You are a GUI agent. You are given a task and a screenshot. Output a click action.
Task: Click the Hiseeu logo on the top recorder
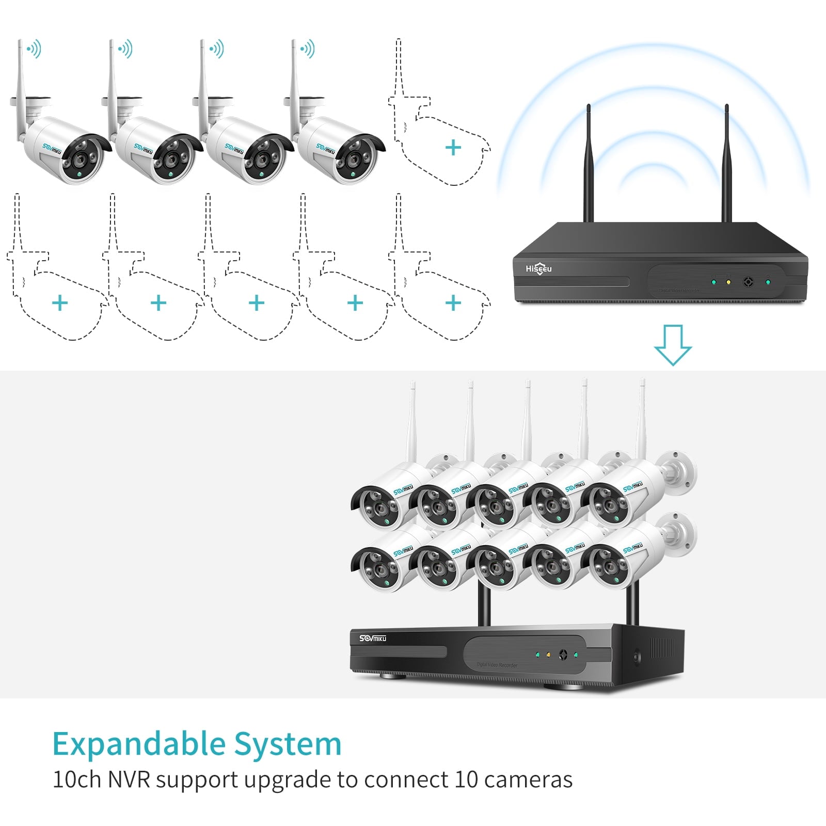click(538, 268)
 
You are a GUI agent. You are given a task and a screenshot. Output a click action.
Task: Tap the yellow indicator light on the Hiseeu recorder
click(728, 282)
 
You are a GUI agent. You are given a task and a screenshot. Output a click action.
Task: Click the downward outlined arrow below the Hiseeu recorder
click(673, 345)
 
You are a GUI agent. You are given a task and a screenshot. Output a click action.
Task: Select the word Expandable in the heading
click(138, 744)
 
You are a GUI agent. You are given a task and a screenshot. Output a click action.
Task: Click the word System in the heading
click(288, 744)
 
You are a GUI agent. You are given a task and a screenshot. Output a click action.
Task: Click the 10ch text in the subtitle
click(77, 780)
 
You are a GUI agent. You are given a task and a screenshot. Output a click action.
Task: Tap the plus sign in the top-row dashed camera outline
click(453, 148)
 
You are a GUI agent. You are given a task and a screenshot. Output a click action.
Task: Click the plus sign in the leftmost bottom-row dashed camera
click(60, 303)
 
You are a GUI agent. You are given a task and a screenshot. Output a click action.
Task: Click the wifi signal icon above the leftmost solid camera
click(34, 50)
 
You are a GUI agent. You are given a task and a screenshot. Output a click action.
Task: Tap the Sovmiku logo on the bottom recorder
click(373, 638)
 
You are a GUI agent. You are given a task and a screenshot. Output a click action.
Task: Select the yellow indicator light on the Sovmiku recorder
click(548, 655)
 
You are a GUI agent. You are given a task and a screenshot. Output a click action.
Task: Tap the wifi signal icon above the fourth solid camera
click(308, 50)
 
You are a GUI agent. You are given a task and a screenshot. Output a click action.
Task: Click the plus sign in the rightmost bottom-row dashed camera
click(453, 303)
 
